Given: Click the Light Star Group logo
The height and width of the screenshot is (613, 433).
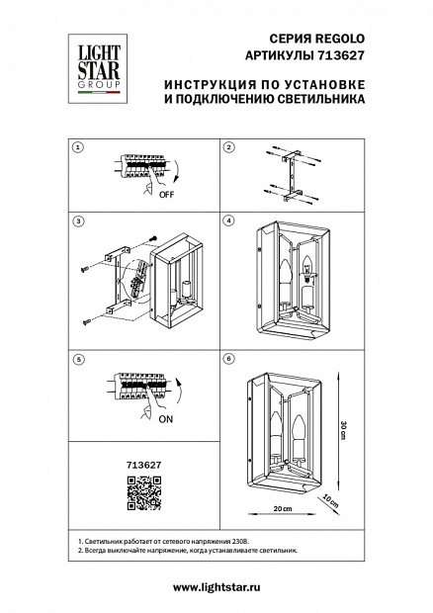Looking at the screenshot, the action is (98, 68).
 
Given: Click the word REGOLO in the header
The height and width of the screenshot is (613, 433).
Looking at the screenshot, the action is (340, 39).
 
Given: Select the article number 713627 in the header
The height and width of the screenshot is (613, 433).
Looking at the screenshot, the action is (339, 55).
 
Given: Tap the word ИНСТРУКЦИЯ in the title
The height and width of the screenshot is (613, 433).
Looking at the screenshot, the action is (211, 84).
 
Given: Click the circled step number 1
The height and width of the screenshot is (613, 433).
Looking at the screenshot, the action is (78, 147).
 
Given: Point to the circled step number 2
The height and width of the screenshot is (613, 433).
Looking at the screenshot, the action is (229, 147).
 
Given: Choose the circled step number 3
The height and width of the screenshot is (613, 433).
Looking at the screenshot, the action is (78, 221).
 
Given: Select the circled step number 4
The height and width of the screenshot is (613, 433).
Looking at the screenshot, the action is (229, 220).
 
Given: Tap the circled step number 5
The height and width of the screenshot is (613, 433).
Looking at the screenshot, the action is (78, 359).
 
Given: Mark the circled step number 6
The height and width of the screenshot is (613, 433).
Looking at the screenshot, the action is (229, 359).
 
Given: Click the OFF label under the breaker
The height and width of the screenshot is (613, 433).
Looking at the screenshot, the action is (166, 195).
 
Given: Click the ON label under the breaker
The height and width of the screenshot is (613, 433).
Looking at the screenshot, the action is (166, 419).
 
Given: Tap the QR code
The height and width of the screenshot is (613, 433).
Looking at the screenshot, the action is (144, 493).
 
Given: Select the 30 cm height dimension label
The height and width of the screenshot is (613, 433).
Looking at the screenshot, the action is (343, 431).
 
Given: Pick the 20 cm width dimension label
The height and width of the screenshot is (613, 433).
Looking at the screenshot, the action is (283, 508).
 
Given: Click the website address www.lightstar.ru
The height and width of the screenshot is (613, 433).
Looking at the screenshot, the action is (216, 587).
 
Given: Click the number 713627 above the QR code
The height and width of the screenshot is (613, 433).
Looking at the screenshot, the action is (143, 466).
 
